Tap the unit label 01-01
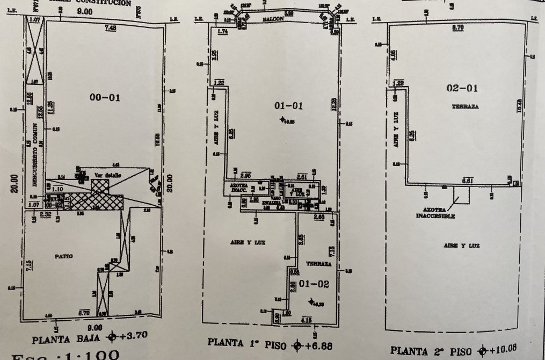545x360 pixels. pyautogui.click(x=289, y=106)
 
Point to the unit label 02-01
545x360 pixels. pyautogui.click(x=462, y=89)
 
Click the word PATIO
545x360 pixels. pyautogui.click(x=62, y=256)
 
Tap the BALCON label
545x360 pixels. pyautogui.click(x=273, y=19)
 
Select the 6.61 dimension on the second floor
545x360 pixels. pyautogui.click(x=467, y=181)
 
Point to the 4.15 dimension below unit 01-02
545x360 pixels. pyautogui.click(x=307, y=320)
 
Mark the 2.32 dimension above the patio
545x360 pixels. pyautogui.click(x=45, y=215)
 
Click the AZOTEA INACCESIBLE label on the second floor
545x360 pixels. pyautogui.click(x=435, y=213)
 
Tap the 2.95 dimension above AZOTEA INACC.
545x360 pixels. pyautogui.click(x=246, y=176)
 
